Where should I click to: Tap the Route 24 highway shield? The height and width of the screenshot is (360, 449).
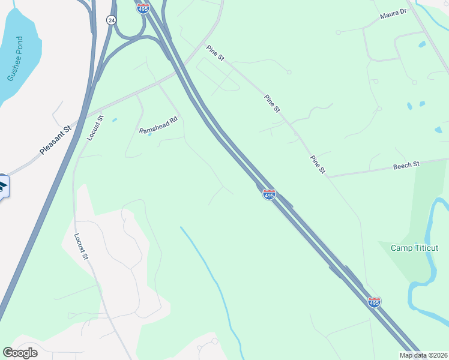111,20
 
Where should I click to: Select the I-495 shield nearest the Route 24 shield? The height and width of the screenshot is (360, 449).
143,8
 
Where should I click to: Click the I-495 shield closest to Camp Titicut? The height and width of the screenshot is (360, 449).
374,302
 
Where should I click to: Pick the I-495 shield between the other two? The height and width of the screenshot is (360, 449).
269,194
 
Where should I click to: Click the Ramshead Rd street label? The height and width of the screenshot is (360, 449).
159,125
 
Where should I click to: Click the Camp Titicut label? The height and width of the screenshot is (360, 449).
414,248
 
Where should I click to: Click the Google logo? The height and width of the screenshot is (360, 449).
20,353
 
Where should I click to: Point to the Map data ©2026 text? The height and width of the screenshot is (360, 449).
424,355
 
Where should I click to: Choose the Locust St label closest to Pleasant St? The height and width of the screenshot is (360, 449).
95,128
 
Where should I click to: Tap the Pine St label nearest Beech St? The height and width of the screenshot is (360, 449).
318,165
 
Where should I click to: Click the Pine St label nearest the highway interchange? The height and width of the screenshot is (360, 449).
215,54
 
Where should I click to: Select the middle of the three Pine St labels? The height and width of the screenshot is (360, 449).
273,103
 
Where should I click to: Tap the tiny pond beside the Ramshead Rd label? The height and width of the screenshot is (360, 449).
149,134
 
